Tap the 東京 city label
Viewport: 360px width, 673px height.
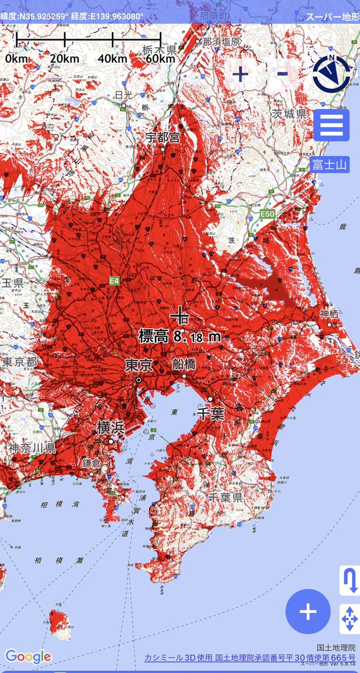click(x=139, y=366)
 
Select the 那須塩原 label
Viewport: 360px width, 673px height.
click(x=221, y=42)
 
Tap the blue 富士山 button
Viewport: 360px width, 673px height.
click(x=330, y=165)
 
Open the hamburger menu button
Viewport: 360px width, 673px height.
click(x=331, y=125)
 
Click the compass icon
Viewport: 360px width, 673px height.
click(x=331, y=73)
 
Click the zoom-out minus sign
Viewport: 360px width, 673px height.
click(x=283, y=73)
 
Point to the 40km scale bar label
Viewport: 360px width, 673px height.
click(x=113, y=58)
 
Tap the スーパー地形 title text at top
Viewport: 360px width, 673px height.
click(x=331, y=17)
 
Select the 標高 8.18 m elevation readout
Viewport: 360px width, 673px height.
click(x=180, y=336)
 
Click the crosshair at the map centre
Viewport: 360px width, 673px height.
click(x=180, y=315)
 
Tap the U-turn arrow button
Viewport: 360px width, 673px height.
click(x=349, y=580)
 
